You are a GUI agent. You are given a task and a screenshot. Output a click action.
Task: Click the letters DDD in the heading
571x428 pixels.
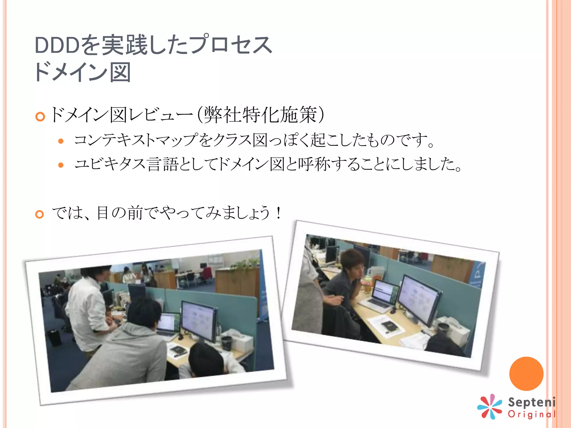57,45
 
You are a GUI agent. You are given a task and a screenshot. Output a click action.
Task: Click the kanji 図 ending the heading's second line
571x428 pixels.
120,72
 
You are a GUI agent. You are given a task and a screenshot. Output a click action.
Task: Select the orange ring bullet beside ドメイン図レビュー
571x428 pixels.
40,116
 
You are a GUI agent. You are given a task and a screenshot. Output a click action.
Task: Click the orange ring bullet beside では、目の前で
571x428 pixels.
40,214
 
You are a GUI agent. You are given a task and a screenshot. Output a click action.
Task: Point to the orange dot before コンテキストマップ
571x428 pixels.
61,141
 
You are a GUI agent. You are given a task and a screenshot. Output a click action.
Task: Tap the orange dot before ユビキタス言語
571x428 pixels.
61,165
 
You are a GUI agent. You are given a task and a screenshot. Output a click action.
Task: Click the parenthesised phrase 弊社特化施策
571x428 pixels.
260,115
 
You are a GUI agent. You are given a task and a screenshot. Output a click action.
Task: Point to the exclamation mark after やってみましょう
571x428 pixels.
278,213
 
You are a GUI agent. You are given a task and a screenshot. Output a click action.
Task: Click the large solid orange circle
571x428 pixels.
526,374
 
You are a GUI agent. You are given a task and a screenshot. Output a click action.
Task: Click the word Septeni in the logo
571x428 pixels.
531,402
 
